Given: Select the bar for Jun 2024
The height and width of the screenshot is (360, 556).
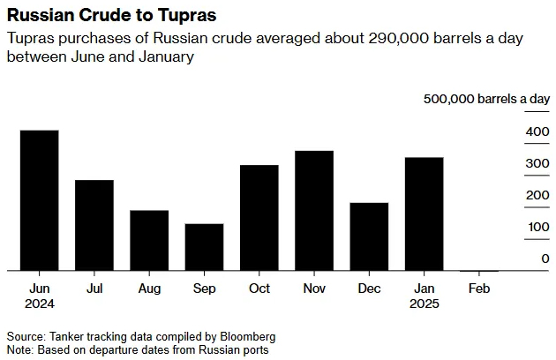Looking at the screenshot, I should point(39,200).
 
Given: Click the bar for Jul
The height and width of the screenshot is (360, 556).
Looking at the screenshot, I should point(94,225).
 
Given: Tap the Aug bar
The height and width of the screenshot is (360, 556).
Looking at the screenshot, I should point(149,240).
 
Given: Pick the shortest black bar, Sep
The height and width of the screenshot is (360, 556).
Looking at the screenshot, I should point(204,247).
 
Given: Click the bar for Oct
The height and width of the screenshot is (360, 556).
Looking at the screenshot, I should point(259,217).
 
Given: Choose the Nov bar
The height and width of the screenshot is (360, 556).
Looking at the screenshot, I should point(314,210).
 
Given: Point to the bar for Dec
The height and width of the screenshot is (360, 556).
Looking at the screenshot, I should point(369,236).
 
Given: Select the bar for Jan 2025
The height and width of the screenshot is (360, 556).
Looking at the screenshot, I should point(425,214).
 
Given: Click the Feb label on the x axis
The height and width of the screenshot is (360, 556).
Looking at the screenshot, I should point(479,289).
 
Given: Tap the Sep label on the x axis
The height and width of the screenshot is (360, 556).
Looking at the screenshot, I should point(204,289).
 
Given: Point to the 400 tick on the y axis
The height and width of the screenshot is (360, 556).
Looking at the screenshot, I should point(537,132).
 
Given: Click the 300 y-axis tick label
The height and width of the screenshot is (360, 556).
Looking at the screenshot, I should point(537,164).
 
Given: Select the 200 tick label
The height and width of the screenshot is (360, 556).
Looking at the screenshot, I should point(537,196).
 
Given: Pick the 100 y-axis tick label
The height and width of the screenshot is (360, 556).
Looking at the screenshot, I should point(537,228).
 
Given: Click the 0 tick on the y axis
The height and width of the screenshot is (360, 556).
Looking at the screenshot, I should point(545,259).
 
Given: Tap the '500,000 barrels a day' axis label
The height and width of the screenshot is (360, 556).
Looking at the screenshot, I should point(486,100).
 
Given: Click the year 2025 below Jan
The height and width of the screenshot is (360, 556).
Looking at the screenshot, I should point(425,304).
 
